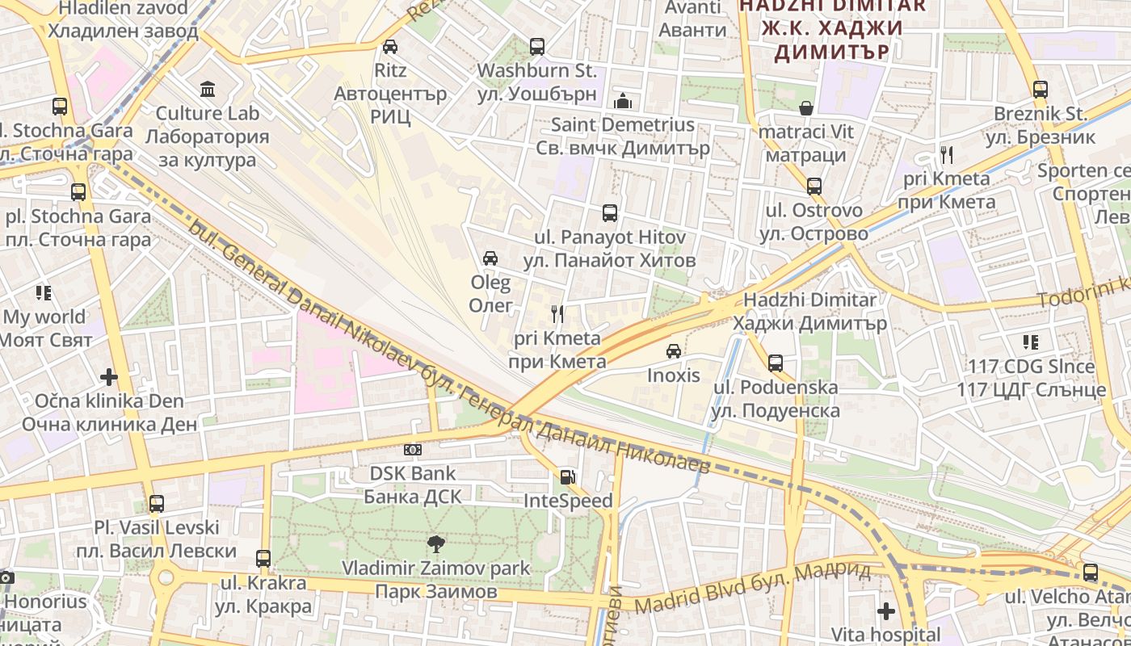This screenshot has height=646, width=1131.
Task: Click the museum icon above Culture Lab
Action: [208, 88]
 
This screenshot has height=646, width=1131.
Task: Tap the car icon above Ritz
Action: [390, 46]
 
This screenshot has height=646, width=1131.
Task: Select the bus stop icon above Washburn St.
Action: [537, 47]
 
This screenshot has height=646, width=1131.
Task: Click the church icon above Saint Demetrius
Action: [623, 101]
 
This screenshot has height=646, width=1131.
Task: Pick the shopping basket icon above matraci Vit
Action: [806, 107]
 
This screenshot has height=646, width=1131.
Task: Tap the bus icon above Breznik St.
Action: [1041, 90]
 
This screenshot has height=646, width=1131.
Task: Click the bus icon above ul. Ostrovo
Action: [814, 187]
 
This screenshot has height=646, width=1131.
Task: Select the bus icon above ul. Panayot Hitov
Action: [610, 213]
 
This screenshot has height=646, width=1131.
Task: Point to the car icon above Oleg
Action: [490, 258]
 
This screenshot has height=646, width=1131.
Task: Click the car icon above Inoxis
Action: [674, 351]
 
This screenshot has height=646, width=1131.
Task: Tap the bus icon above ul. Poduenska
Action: [776, 363]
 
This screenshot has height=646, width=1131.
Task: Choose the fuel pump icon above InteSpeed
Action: [568, 477]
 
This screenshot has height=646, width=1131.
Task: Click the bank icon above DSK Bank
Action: [412, 450]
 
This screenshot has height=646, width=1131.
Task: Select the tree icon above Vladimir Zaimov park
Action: [435, 544]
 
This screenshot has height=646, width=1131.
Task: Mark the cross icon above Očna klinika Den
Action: [109, 377]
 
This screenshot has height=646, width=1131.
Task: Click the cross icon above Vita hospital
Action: [886, 610]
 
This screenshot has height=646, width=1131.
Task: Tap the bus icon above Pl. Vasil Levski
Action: [157, 504]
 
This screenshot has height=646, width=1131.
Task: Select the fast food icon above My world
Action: [44, 292]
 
